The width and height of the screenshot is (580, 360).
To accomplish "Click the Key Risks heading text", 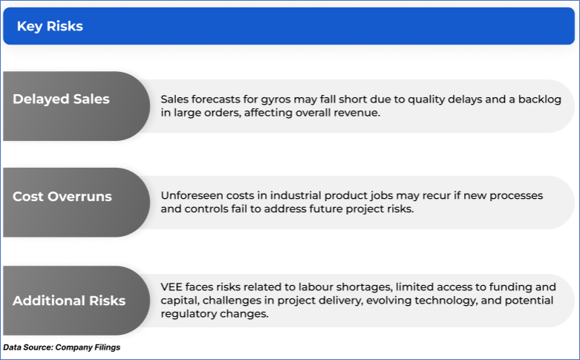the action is (x=50, y=26).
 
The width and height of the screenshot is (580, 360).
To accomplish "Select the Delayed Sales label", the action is (x=61, y=99).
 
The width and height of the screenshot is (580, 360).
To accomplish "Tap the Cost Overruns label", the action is (x=62, y=196).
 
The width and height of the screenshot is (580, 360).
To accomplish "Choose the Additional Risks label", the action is (x=69, y=301).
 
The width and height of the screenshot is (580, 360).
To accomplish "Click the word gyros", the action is (x=276, y=99).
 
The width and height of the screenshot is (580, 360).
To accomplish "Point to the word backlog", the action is (x=539, y=99).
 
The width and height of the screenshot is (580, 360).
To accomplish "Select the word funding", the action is (x=511, y=287).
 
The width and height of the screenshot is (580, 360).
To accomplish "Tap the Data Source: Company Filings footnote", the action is (x=62, y=347).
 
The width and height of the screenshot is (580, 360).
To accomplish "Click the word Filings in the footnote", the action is (x=108, y=347).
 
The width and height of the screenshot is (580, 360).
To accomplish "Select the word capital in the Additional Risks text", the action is (x=180, y=301).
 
